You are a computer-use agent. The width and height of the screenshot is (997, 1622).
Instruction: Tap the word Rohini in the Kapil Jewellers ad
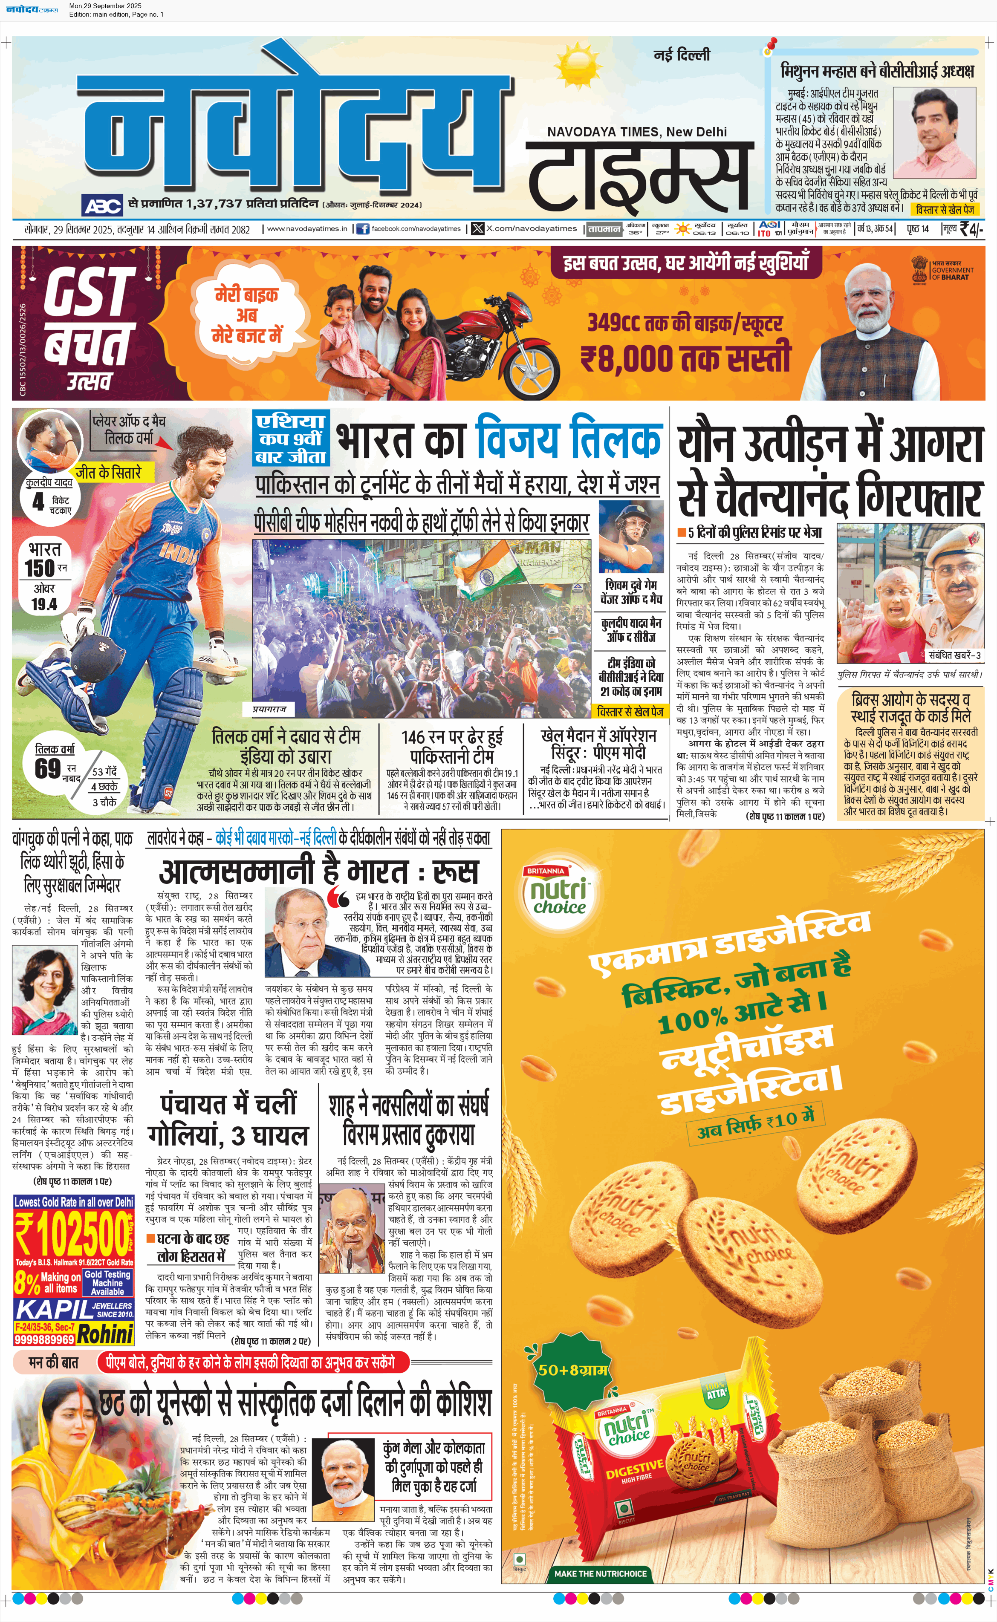pos(106,1333)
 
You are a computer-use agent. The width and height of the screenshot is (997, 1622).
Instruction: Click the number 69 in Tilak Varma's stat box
pos(47,768)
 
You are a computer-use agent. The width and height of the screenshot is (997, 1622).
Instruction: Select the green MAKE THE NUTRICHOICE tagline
pos(600,1573)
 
